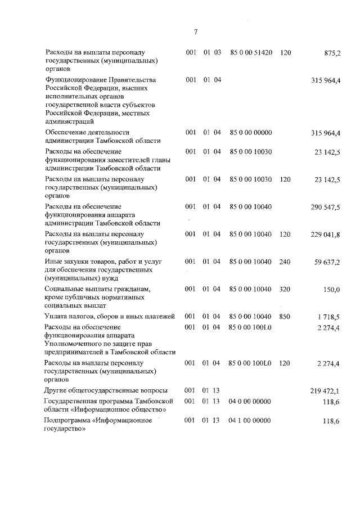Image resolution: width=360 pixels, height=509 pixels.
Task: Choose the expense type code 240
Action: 285,262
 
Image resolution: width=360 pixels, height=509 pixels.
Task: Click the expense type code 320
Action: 285,289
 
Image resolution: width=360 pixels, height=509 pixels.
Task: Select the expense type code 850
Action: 285,317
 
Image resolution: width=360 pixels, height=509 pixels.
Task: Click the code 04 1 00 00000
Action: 251,421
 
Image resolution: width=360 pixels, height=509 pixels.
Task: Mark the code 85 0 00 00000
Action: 251,132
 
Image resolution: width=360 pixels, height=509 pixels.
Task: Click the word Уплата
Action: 56,317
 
